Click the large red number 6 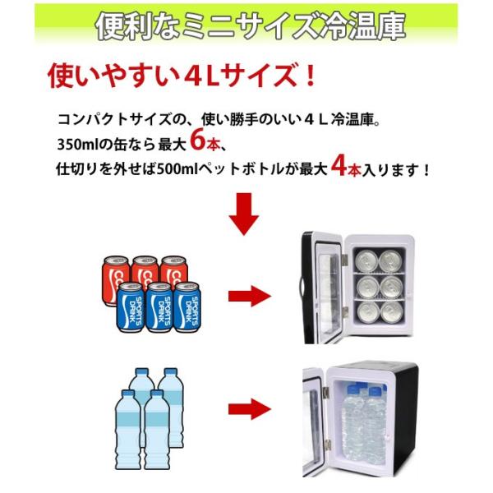coord(199,140)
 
